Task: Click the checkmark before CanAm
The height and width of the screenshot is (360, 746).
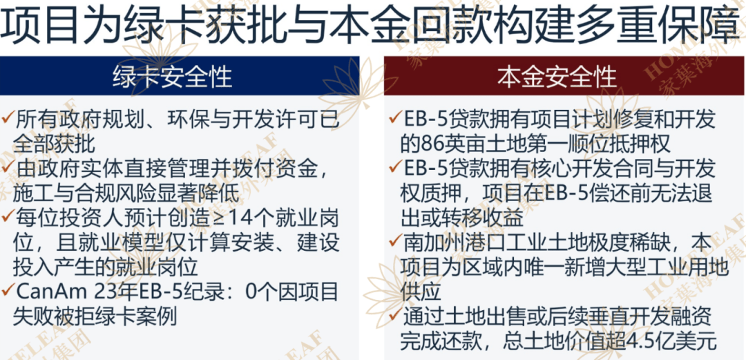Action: (x=8, y=289)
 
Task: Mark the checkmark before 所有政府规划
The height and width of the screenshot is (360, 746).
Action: (x=8, y=117)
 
